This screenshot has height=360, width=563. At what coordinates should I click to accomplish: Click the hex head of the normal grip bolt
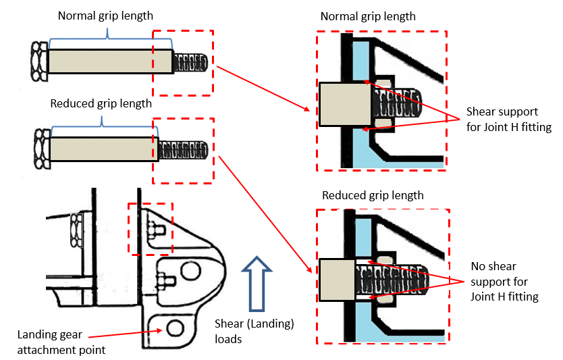[39, 61]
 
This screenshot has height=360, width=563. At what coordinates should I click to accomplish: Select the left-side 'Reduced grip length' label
[101, 104]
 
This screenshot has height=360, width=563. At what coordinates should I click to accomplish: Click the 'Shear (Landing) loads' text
[254, 331]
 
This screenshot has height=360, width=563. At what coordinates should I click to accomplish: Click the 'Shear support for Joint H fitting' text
[508, 118]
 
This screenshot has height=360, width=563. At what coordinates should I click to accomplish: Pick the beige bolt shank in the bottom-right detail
[336, 279]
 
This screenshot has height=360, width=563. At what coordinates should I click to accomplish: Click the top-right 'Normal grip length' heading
[368, 16]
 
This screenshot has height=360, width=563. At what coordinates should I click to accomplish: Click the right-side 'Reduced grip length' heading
[373, 196]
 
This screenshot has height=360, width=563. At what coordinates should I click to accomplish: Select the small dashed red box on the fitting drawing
[151, 229]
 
